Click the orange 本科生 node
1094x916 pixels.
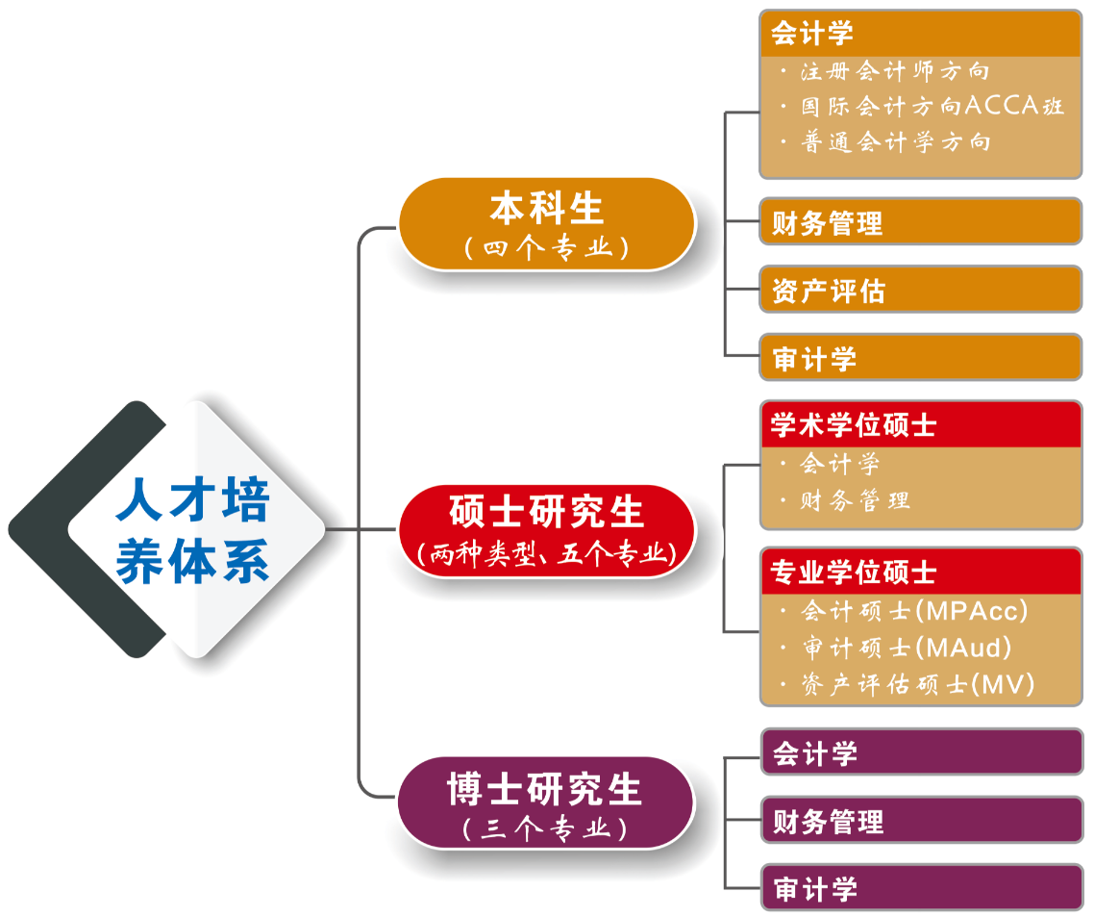click(x=546, y=210)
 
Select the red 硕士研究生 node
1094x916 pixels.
click(x=546, y=512)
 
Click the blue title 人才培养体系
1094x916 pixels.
click(x=193, y=530)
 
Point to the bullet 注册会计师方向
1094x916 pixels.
click(x=894, y=71)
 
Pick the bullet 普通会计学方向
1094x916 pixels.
click(x=894, y=142)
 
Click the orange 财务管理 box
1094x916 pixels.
click(x=920, y=223)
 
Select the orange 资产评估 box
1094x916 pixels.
click(x=920, y=291)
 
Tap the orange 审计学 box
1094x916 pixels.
click(x=920, y=359)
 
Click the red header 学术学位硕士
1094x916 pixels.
click(x=920, y=424)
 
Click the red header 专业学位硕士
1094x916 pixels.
click(x=920, y=572)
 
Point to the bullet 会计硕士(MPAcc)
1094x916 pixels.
click(x=913, y=611)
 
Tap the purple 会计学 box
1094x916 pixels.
click(x=921, y=753)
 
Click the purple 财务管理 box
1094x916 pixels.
click(x=921, y=822)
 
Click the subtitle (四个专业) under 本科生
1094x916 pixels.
click(x=546, y=248)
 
